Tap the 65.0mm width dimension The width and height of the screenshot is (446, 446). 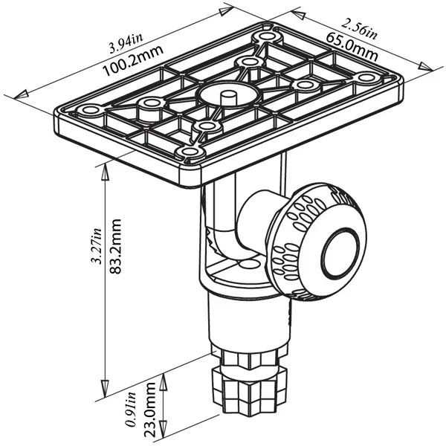[349, 45]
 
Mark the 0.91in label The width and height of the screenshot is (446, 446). [132, 408]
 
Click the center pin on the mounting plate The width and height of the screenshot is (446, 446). [229, 95]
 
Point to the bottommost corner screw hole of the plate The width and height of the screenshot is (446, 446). [190, 152]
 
